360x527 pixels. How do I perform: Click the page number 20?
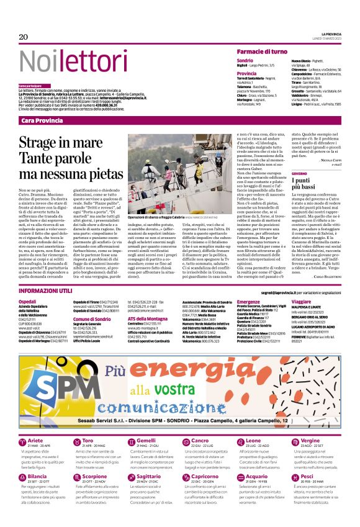tap(24, 37)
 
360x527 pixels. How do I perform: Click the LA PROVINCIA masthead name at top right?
tap(331, 34)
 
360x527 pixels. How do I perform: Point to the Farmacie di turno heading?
tap(261, 51)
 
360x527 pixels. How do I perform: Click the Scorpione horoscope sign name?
tap(94, 475)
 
